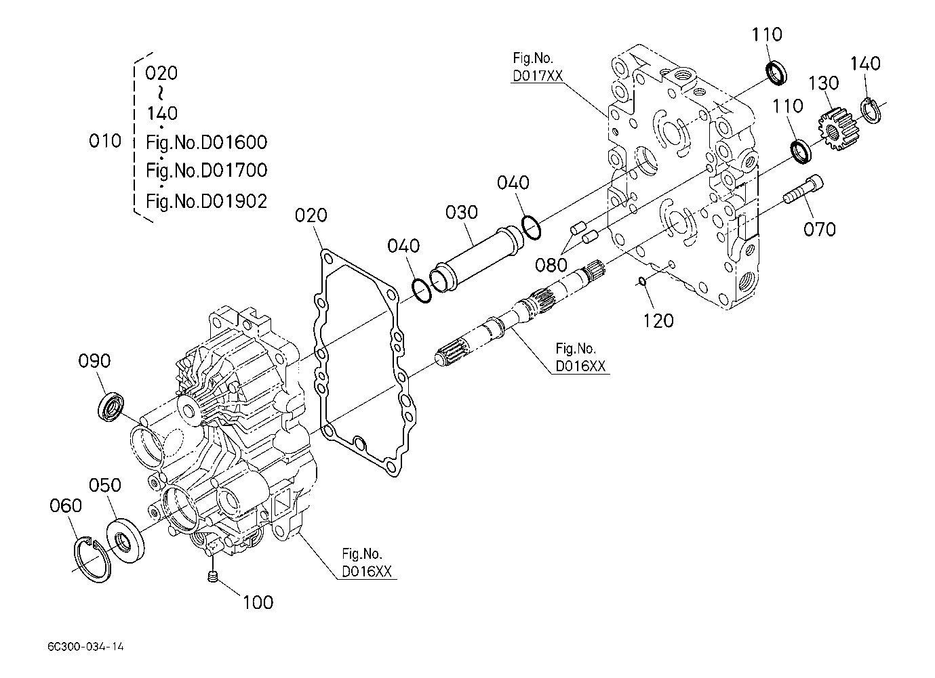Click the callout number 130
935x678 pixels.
coord(823,83)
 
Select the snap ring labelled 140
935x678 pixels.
coord(871,110)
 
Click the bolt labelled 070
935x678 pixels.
coord(803,189)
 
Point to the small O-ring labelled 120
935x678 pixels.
coord(643,282)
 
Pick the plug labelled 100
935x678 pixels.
coord(213,576)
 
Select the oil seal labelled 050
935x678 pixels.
coord(125,541)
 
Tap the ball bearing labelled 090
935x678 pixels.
coord(111,406)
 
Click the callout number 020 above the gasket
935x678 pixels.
coord(311,215)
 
